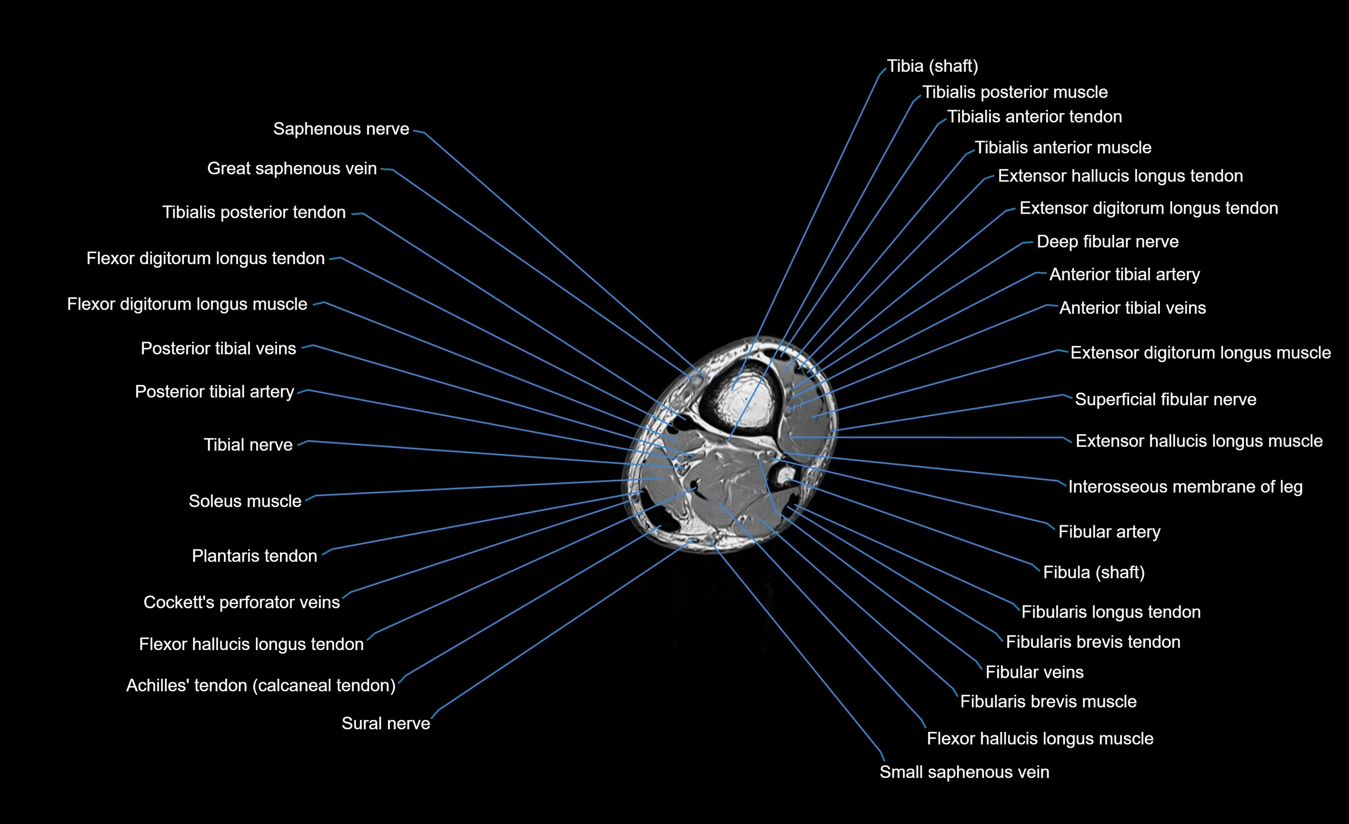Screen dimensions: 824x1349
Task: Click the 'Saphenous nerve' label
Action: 340,129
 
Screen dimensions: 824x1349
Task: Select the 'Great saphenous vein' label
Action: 291,168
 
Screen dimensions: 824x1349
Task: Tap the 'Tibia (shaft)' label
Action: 932,66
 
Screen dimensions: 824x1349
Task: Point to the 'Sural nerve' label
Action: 386,724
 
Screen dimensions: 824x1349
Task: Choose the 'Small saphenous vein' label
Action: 963,772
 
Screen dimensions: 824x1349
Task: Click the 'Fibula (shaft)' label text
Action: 1093,573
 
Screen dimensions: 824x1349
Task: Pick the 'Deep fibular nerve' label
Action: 1107,242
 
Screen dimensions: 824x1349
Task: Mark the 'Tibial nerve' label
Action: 248,444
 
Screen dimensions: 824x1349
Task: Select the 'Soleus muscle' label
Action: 245,501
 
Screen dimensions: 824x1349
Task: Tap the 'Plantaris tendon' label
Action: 254,556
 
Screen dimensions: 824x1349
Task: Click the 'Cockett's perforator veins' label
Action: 241,602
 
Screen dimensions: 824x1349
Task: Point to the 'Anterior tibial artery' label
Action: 1124,275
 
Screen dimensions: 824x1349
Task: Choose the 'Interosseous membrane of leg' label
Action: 1185,487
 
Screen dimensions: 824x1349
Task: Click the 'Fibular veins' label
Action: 1034,672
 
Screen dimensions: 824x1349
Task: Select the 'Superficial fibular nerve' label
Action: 1165,400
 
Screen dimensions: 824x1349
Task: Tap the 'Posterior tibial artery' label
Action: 214,392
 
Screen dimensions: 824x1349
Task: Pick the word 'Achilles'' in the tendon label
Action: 153,685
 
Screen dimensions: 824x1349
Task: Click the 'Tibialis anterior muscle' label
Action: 1063,148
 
